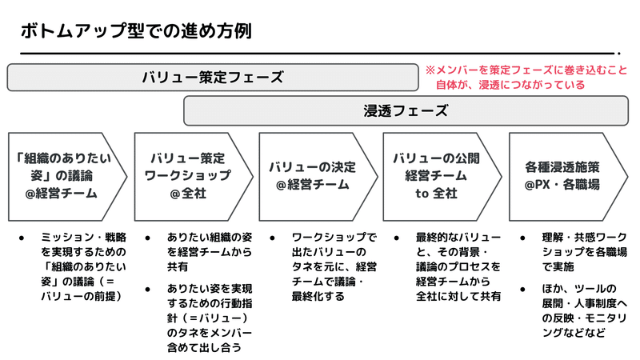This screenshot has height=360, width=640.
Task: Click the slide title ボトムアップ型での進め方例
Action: pos(136,31)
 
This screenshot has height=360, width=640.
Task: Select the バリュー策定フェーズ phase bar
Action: pos(213,77)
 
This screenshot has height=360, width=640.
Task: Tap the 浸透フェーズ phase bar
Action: pos(406,110)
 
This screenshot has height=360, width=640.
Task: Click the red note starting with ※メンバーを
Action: pos(526,77)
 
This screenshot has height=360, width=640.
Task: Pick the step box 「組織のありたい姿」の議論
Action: pos(67,176)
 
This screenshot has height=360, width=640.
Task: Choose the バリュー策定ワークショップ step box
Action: pos(194,176)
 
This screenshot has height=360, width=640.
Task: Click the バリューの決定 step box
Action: pos(318,176)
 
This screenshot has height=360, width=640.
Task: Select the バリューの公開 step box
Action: pos(442,176)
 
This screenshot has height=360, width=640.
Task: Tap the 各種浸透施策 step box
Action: pos(568,176)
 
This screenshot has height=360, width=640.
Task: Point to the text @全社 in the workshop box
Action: pos(188,193)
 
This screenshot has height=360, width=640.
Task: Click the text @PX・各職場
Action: pos(562,185)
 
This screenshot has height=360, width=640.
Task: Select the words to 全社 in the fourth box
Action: pos(436,193)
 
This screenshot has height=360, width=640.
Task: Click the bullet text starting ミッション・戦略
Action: pos(83,266)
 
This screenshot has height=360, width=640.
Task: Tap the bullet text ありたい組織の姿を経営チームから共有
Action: pos(210,252)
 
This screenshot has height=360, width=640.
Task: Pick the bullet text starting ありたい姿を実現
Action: pos(210,318)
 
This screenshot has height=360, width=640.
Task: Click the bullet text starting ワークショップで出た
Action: pos(334,266)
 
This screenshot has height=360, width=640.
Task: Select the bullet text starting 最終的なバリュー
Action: pos(458,266)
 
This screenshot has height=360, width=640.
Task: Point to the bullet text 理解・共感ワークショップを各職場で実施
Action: pos(585,252)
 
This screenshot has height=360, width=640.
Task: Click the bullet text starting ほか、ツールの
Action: pos(585,310)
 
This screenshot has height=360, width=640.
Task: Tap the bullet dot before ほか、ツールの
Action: pos(522,290)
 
